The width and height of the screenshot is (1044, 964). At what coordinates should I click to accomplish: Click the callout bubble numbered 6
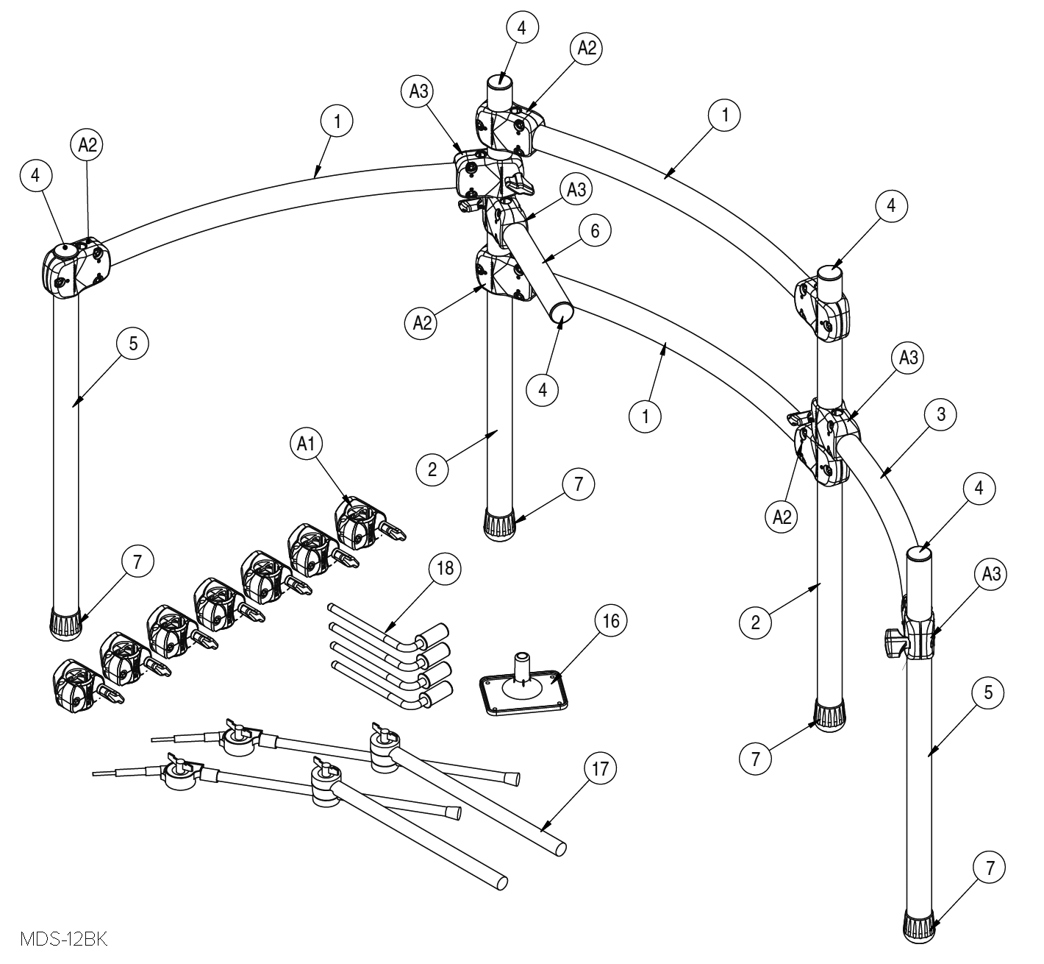point(595,231)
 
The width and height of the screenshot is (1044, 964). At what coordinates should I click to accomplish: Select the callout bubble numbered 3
point(940,414)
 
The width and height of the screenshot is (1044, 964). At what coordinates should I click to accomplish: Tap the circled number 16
point(611,621)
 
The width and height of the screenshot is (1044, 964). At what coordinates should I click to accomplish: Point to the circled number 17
point(601,770)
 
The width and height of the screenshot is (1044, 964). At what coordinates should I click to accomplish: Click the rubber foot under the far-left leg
point(66,622)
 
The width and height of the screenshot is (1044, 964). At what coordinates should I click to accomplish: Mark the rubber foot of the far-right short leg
point(920,926)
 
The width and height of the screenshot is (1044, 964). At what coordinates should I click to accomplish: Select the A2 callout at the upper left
point(87,146)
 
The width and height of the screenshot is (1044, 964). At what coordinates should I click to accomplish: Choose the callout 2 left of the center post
point(432,469)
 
